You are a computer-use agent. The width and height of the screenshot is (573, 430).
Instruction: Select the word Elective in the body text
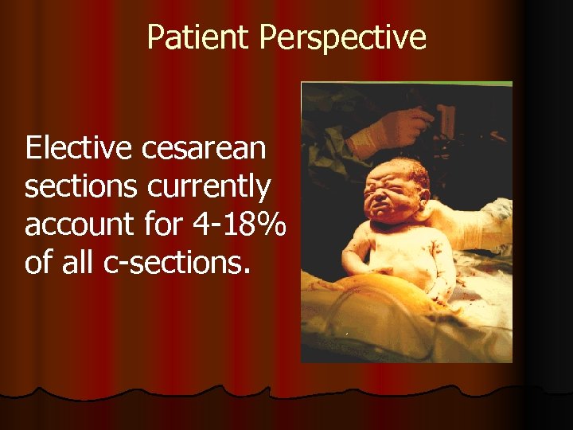(x=80, y=148)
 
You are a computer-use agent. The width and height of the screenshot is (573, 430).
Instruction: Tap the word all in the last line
(x=80, y=262)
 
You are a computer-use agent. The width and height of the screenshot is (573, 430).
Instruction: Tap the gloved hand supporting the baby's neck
(x=466, y=226)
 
